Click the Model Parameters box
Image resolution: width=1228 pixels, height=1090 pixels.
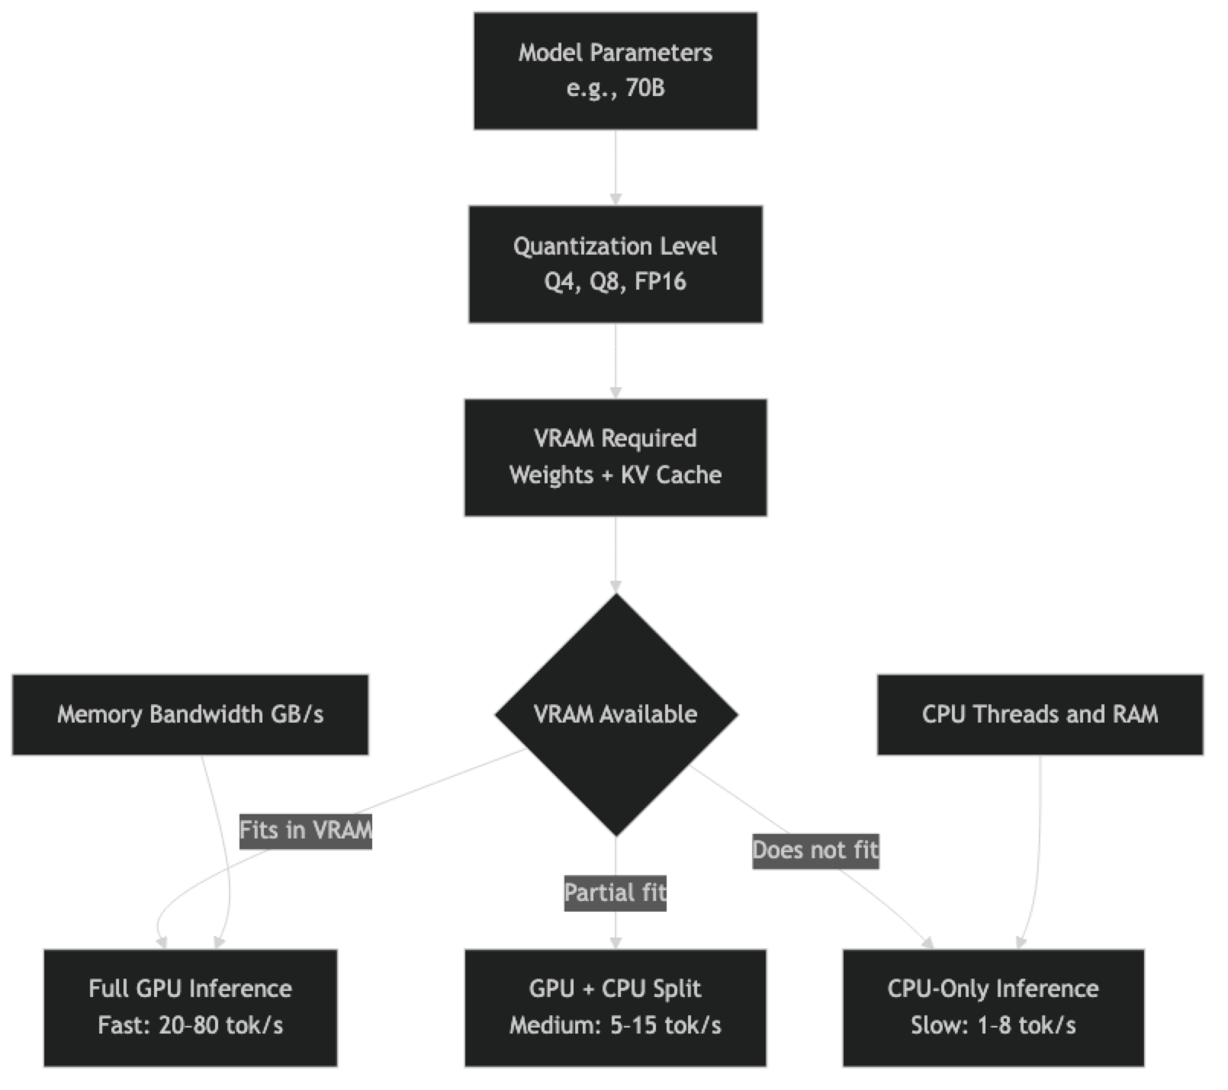coord(615,70)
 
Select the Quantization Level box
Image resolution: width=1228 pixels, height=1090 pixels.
coord(615,264)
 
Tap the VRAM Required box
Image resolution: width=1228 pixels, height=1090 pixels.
coord(615,457)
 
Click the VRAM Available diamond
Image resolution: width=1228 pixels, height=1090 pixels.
coord(615,714)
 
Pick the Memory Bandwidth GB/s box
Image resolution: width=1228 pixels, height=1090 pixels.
coord(190,714)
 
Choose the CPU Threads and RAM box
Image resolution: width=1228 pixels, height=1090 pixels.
coord(1040,714)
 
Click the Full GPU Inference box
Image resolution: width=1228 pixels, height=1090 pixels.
coord(190,1007)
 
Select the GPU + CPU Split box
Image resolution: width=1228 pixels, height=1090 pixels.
coord(615,1007)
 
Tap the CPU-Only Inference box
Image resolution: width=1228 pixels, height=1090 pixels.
coord(992,1007)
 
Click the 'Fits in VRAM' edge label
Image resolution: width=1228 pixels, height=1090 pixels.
coord(306,829)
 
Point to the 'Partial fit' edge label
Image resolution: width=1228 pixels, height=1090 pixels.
coord(615,892)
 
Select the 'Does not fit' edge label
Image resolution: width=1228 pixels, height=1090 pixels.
coord(815,849)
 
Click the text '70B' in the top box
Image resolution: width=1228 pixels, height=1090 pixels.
coord(645,88)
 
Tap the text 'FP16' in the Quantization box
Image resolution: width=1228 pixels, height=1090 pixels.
coord(661,282)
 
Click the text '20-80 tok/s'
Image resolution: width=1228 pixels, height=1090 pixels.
coord(220,1025)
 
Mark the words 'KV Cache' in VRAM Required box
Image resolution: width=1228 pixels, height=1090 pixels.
coord(671,475)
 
